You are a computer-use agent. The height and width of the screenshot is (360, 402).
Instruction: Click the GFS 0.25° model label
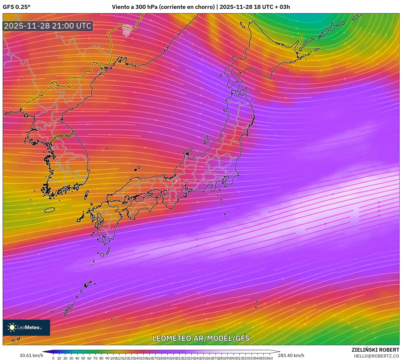[16, 7]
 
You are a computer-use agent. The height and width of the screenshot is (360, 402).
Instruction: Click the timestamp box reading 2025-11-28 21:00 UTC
[48, 26]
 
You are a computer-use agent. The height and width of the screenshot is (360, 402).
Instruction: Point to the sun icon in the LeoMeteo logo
[12, 327]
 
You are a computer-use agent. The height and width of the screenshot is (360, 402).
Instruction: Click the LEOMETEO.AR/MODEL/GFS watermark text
[201, 338]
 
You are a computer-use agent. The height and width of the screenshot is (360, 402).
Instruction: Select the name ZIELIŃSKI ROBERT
[375, 350]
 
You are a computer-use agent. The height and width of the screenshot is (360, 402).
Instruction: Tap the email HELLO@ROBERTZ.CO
[376, 356]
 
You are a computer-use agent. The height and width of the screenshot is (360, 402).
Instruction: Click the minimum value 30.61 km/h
[31, 355]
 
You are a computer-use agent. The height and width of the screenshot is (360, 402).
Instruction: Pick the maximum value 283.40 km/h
[291, 355]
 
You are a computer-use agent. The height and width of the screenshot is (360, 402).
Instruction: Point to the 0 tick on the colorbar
[53, 358]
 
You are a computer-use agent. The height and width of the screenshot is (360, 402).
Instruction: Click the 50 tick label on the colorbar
[83, 358]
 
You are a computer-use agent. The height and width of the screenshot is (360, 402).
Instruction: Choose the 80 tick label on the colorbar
[101, 358]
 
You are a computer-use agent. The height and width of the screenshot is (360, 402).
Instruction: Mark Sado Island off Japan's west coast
[206, 140]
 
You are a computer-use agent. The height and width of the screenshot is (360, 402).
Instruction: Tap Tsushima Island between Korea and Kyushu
[86, 195]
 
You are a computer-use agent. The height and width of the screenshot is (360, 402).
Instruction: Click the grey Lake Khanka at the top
[127, 30]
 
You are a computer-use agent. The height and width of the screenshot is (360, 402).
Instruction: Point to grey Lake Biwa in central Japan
[176, 181]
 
